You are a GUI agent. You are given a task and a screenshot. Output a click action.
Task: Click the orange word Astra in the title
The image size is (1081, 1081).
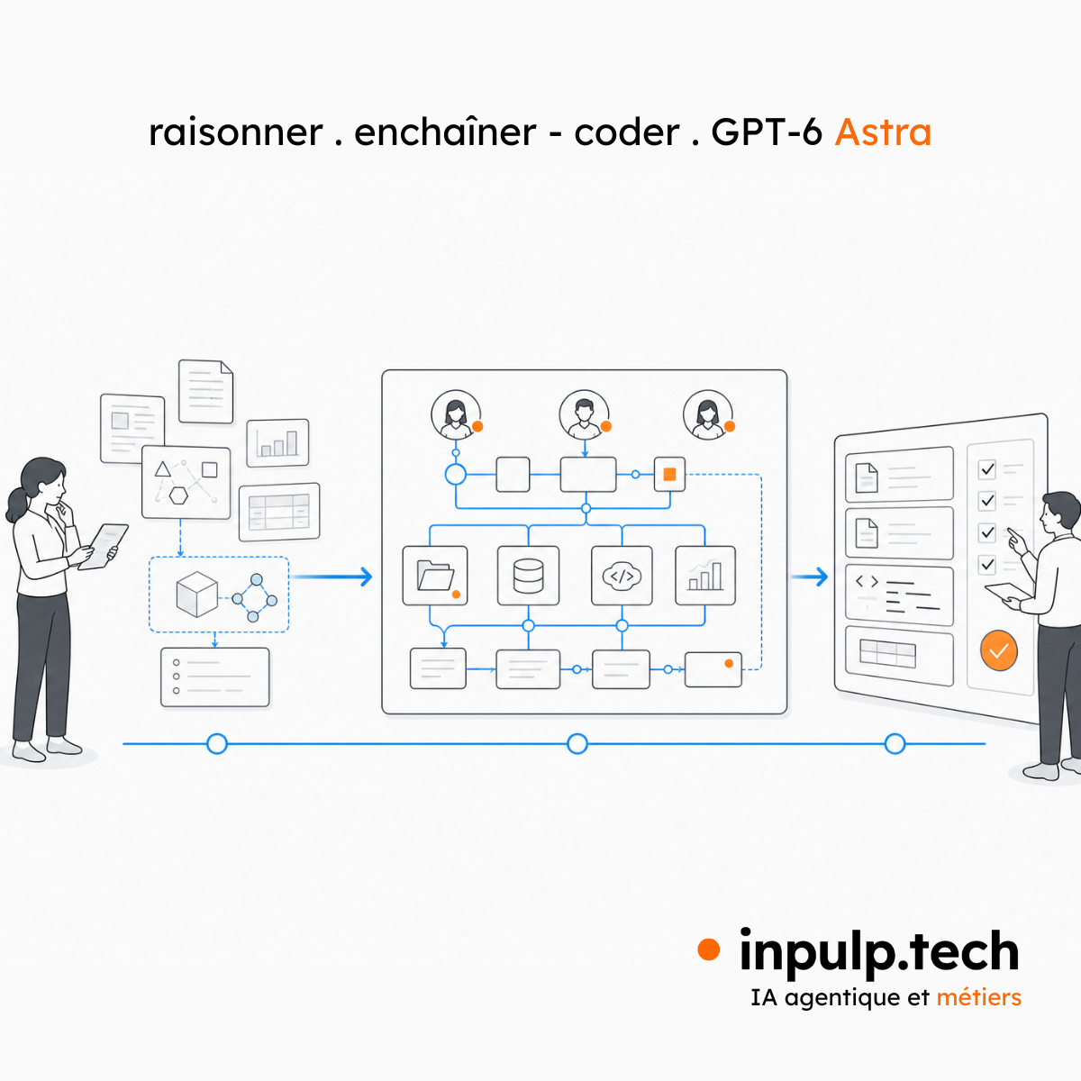click(x=883, y=132)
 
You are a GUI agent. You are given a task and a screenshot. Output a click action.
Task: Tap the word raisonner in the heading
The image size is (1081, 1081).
click(x=236, y=133)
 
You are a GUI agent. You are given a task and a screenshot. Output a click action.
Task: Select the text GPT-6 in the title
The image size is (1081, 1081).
click(x=767, y=132)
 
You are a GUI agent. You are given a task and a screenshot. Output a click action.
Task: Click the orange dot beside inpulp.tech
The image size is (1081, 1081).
click(x=709, y=949)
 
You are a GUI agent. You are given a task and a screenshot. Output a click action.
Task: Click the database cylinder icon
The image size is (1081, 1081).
click(x=528, y=576)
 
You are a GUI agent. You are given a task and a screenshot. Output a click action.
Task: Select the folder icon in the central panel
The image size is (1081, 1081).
click(x=435, y=576)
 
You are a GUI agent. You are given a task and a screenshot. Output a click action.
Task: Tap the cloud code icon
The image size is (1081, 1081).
click(x=622, y=577)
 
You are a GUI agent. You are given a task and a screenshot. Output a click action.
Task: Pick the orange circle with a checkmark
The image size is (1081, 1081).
click(x=998, y=650)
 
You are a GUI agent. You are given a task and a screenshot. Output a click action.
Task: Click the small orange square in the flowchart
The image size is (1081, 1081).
click(x=669, y=475)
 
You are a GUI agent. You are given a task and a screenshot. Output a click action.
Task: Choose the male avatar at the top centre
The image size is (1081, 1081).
click(x=584, y=415)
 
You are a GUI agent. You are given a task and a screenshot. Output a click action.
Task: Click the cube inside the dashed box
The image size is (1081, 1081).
click(x=196, y=594)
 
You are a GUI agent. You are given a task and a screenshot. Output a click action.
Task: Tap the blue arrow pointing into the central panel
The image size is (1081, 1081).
click(x=331, y=577)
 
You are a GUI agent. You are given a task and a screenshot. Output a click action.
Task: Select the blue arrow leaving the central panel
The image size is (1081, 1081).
click(x=810, y=577)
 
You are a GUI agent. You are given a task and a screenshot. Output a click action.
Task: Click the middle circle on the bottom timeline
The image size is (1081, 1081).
click(x=577, y=744)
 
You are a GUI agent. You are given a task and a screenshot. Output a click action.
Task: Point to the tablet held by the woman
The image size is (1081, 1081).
click(x=104, y=546)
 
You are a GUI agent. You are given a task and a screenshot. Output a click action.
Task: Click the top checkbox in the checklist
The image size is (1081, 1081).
click(x=986, y=469)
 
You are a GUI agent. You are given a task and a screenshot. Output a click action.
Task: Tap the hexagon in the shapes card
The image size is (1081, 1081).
click(x=178, y=495)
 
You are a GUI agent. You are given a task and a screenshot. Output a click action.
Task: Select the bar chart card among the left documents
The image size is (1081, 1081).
click(x=277, y=442)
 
